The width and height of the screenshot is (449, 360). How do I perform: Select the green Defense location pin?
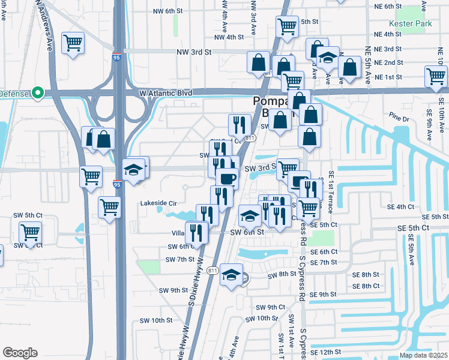coord(37,93)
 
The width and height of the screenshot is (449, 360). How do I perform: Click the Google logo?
coord(20,352)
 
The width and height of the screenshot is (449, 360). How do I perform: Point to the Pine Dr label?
coord(398,119)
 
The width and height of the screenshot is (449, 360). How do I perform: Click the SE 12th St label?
coord(330,351)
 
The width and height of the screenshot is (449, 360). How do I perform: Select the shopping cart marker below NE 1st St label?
coord(435,77)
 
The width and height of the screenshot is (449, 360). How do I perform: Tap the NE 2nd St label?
coord(388,62)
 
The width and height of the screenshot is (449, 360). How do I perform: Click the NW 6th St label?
coord(167,11)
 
